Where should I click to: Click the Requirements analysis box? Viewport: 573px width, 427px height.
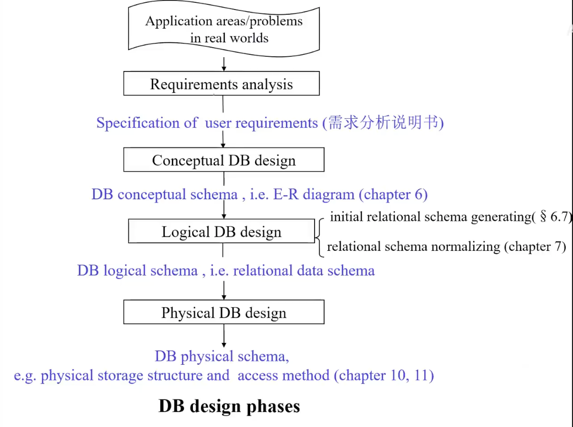click(x=221, y=85)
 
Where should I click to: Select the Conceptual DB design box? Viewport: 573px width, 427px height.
click(x=224, y=160)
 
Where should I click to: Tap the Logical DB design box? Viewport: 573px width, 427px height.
click(x=221, y=232)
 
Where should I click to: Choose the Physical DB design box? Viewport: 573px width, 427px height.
click(x=224, y=313)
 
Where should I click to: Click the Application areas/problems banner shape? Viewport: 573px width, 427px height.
click(x=224, y=29)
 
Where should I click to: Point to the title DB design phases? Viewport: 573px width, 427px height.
click(x=229, y=406)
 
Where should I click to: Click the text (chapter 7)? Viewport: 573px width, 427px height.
click(x=535, y=246)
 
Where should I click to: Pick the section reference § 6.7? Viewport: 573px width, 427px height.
click(x=554, y=217)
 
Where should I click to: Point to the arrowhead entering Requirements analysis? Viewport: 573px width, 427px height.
click(x=224, y=68)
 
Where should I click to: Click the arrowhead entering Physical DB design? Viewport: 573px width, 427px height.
click(x=224, y=297)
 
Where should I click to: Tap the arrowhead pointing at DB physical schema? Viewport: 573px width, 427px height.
click(x=224, y=344)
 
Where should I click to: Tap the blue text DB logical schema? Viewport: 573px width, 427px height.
click(x=137, y=270)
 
